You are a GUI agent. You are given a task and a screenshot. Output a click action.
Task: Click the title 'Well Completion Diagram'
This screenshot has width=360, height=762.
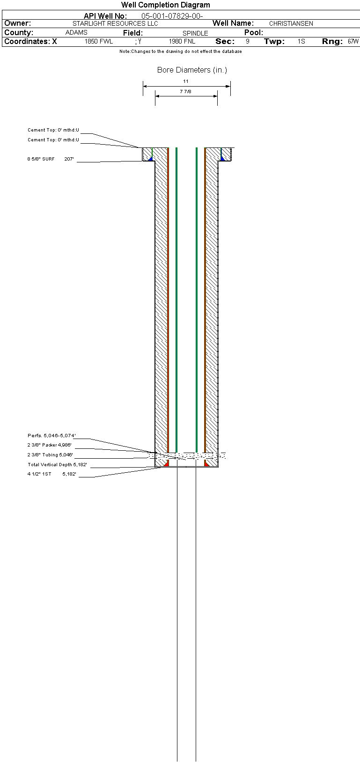[165, 5]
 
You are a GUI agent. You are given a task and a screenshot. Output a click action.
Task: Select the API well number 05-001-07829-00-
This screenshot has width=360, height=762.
[172, 16]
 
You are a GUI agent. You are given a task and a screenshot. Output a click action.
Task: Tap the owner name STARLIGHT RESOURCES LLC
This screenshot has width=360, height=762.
[115, 23]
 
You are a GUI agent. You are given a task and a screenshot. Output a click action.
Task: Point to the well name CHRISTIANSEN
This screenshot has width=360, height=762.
[291, 23]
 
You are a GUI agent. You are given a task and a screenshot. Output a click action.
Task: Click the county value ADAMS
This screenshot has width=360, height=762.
[76, 32]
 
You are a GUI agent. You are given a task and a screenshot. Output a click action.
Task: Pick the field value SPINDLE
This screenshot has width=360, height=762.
[195, 33]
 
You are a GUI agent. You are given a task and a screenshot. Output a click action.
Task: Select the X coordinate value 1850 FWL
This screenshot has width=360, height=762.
[99, 42]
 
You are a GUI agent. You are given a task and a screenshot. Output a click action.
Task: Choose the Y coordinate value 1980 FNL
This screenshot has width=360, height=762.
[182, 42]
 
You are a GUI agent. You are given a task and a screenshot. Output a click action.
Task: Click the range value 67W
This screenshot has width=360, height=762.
[353, 42]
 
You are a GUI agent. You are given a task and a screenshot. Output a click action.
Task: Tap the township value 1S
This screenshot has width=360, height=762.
[301, 42]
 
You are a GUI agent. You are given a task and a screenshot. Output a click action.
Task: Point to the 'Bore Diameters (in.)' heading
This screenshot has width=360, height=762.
[192, 70]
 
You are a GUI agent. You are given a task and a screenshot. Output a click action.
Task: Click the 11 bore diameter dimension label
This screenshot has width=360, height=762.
[185, 81]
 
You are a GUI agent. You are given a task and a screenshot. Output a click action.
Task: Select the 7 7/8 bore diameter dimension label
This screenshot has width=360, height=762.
[185, 92]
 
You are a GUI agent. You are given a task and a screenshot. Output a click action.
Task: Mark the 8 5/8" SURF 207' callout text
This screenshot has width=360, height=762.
[51, 159]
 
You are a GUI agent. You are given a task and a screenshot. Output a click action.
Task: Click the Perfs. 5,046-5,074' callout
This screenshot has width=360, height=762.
[51, 435]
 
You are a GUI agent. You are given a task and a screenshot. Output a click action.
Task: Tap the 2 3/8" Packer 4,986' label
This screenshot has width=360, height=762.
[50, 445]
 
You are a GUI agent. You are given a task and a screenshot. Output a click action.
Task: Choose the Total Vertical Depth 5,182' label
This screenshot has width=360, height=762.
[58, 464]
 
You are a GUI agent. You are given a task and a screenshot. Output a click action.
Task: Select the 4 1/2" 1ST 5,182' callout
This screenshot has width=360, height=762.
[51, 474]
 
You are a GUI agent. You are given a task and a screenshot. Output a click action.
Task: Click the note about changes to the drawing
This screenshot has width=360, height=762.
[181, 51]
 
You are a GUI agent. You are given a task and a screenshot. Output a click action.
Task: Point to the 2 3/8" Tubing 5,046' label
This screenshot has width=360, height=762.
[51, 455]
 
